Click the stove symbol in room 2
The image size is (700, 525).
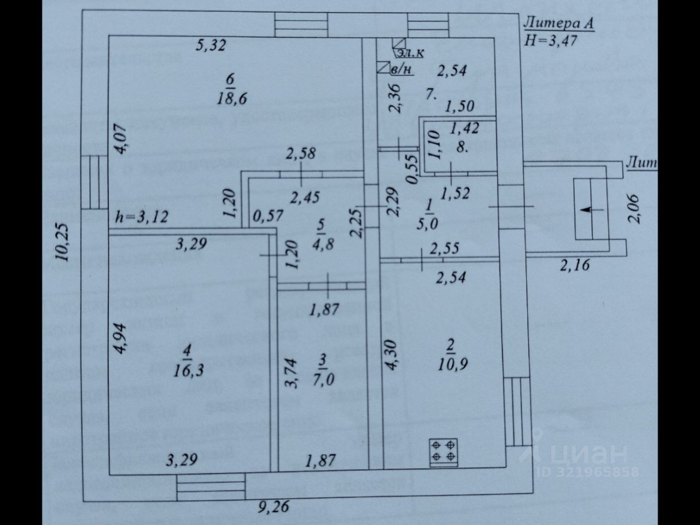(444, 452)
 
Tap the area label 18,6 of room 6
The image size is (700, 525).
(231, 98)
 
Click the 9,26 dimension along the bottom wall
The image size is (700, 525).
(273, 507)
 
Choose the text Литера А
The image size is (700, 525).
(558, 24)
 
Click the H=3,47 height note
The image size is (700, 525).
(551, 40)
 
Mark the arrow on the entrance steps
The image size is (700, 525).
(590, 209)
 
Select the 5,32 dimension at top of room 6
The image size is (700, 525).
(211, 45)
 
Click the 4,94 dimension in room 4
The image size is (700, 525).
(120, 339)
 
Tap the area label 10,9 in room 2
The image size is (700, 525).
(452, 364)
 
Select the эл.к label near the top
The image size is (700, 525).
(410, 53)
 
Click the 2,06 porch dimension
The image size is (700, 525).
(634, 208)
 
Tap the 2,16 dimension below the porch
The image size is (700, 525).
(575, 266)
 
